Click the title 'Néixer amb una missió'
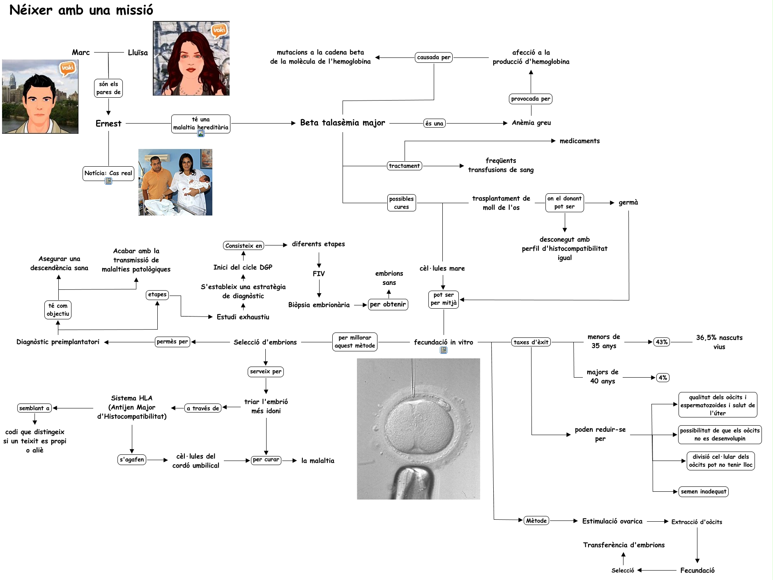(81, 10)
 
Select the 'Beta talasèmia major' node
(342, 123)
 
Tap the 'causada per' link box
(434, 57)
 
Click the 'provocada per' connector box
(530, 99)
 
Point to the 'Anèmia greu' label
(531, 123)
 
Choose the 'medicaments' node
(579, 141)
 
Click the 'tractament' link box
(404, 166)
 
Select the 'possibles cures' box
(401, 203)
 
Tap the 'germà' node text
(628, 202)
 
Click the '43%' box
(661, 342)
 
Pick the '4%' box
(663, 378)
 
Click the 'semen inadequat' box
(703, 492)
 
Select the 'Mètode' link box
(536, 521)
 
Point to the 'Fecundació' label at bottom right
(697, 570)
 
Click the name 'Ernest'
(108, 124)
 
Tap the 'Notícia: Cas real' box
(108, 173)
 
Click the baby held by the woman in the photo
(200, 183)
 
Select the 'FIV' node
(319, 274)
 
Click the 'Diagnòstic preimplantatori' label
(58, 342)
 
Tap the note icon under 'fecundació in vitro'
(443, 350)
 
